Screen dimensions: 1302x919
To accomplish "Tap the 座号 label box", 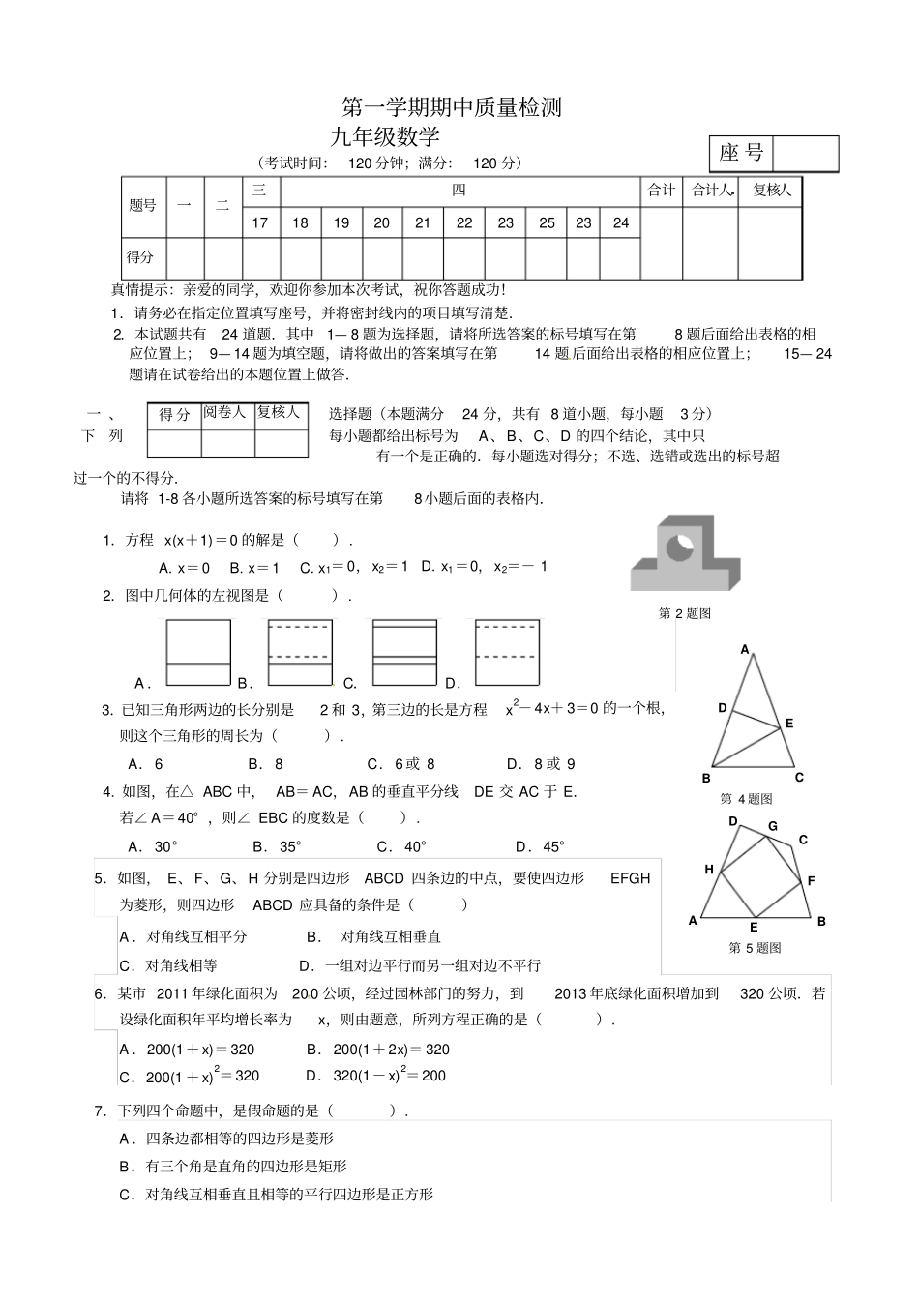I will click(742, 154).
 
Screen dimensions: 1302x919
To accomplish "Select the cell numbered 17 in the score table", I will click(260, 222).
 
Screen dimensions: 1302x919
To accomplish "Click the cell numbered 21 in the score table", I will click(423, 222).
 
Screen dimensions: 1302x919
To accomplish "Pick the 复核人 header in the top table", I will click(771, 191).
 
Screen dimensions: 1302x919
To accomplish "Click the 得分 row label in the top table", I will click(141, 257).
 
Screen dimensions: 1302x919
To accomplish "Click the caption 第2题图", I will click(685, 613).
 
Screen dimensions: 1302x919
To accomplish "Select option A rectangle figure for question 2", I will click(198, 653).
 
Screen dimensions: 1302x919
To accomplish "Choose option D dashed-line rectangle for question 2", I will click(508, 653).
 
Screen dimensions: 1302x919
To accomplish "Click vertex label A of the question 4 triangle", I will click(745, 650).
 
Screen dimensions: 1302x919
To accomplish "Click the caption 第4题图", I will click(746, 799).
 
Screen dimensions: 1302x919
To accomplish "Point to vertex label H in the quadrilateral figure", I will click(709, 870).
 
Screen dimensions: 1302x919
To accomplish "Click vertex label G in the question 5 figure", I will click(773, 827).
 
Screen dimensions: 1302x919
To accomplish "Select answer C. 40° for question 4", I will click(402, 847).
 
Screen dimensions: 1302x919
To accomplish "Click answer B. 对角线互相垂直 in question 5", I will click(374, 936).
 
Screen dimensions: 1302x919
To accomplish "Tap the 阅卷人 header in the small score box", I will click(225, 413).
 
